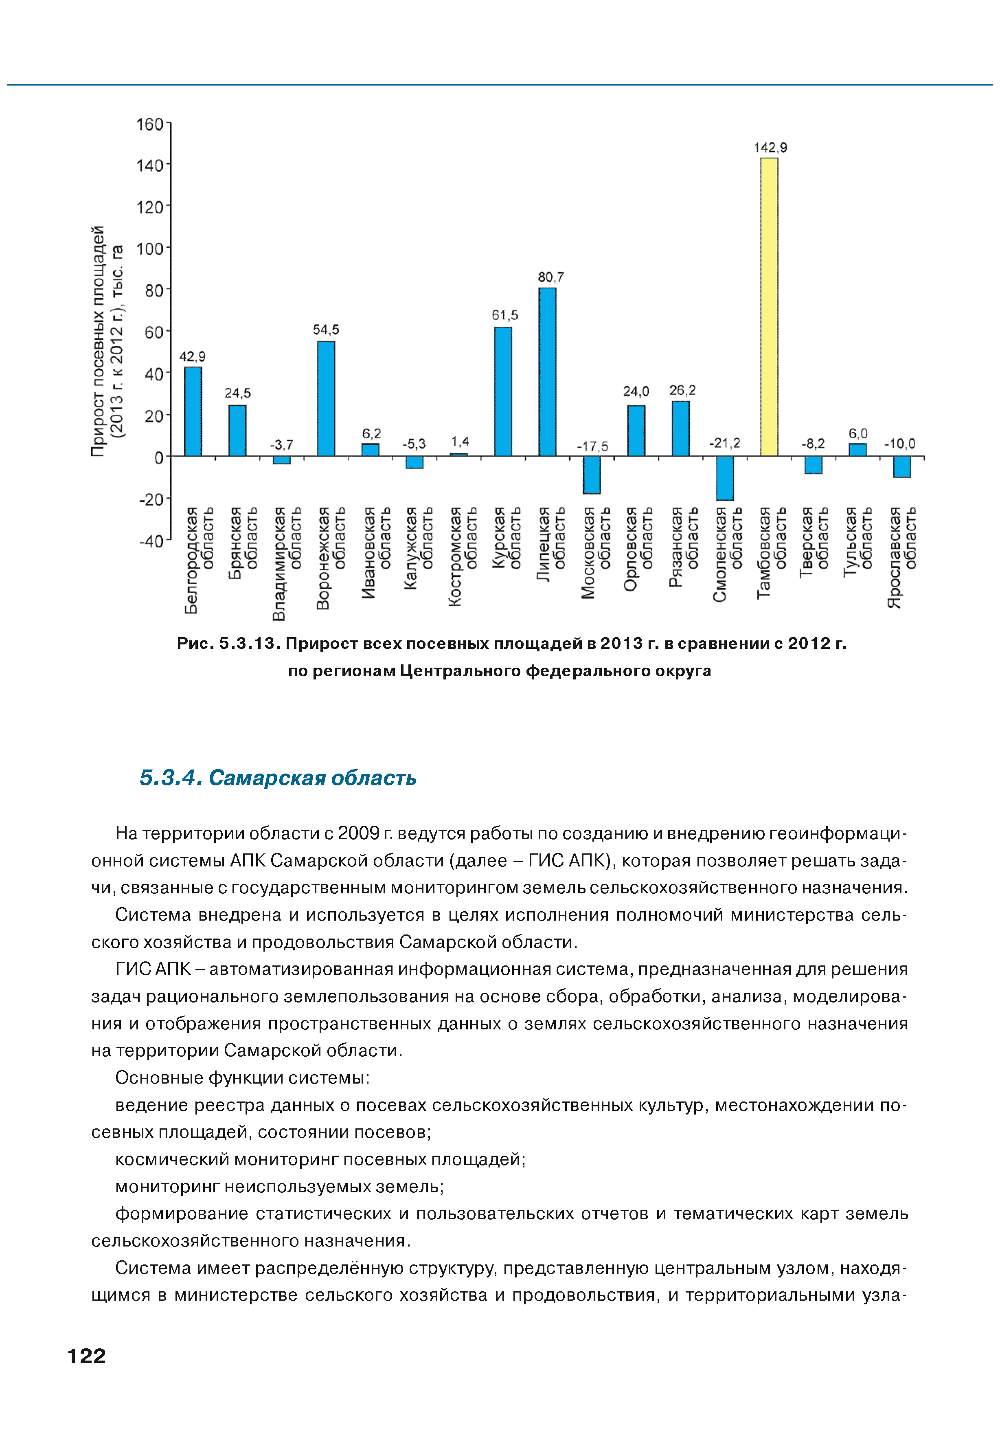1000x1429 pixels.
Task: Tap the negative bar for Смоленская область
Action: point(724,478)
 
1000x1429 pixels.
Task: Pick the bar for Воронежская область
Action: point(325,398)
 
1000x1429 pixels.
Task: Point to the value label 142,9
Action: point(770,147)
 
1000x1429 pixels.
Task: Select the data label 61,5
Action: point(504,316)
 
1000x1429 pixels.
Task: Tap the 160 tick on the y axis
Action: point(149,125)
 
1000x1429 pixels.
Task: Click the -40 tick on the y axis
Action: point(151,541)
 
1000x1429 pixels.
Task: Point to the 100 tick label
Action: point(149,249)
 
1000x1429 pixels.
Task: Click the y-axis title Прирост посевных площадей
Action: point(98,341)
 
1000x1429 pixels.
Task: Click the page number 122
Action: point(86,1356)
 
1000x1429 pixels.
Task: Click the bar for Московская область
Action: point(591,475)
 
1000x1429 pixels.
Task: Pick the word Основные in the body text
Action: point(159,1077)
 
